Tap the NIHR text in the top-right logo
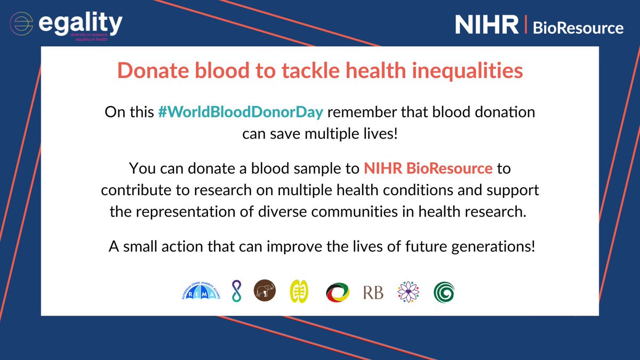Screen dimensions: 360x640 point(486,25)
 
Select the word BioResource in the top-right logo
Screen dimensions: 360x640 point(578,28)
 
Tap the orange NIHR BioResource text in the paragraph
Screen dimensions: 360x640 point(428,169)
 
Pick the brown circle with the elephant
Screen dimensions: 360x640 point(265,292)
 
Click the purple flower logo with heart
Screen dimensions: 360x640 point(408,292)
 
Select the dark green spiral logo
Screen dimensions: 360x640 point(444,292)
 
